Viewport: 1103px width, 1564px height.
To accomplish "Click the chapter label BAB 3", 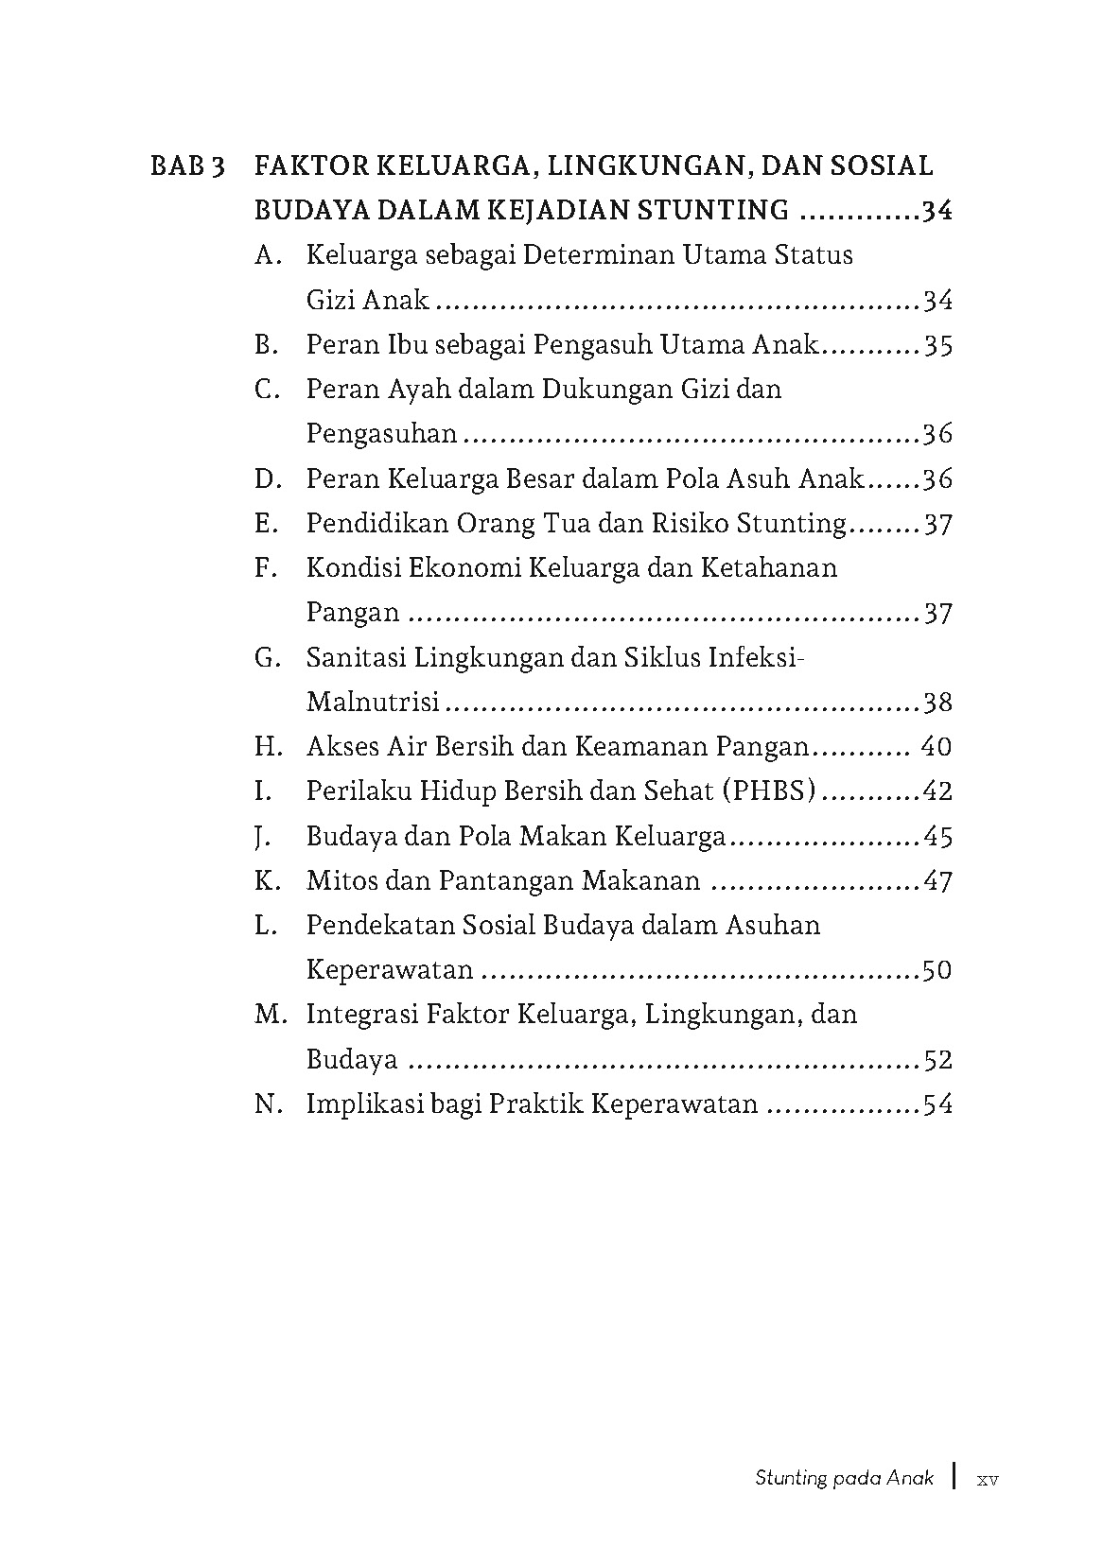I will tap(187, 166).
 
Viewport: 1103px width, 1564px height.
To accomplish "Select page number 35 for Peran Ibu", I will tap(937, 345).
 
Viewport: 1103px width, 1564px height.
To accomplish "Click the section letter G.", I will tap(267, 657).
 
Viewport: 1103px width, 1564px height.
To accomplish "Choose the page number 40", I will tap(936, 747).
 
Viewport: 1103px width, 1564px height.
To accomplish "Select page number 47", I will tap(937, 881).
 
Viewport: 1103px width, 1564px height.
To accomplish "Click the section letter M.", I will tap(270, 1015).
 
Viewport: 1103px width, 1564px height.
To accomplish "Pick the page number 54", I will tap(937, 1104).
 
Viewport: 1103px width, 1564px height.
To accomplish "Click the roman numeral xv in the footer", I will tap(988, 1478).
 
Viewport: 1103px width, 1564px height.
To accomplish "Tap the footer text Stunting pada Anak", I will tap(844, 1478).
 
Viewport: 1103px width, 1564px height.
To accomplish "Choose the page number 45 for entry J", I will tap(937, 837).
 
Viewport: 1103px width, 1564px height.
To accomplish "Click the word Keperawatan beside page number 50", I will tap(390, 970).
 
